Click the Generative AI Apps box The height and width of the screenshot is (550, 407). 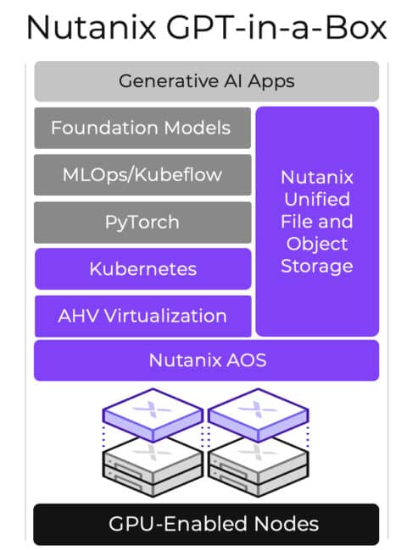click(207, 81)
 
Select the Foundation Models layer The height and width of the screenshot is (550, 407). click(142, 128)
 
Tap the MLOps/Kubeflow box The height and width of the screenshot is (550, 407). click(142, 174)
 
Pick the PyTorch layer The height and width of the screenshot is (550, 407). click(142, 223)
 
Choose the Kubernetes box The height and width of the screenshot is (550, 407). click(142, 269)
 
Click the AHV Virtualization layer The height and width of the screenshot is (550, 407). click(142, 316)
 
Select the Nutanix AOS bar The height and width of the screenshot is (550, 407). click(207, 360)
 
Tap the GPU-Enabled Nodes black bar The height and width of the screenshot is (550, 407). click(206, 524)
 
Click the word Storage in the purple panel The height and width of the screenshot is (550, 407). click(317, 267)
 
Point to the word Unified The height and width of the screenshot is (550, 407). click(317, 199)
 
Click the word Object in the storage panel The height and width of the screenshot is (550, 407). click(317, 245)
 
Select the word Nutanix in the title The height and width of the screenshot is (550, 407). click(92, 27)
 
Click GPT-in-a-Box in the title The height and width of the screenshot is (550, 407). click(276, 27)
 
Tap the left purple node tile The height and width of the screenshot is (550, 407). click(153, 415)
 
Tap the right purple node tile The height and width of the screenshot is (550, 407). click(259, 415)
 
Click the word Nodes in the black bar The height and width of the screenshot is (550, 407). click(286, 524)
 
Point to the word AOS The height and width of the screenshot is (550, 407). click(247, 360)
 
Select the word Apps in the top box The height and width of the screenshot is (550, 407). click(271, 82)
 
